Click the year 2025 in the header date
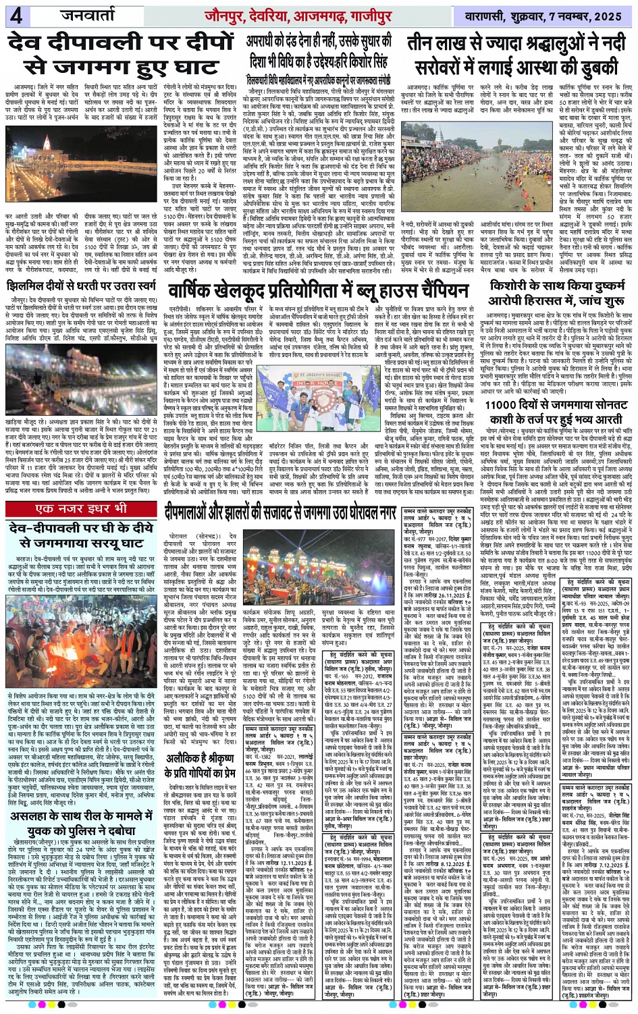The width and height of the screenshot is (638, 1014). pyautogui.click(x=610, y=16)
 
